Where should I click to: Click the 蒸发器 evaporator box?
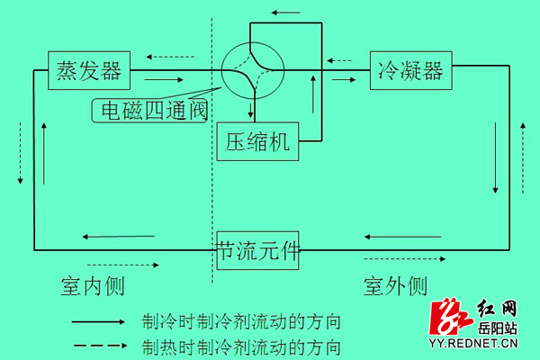click(89, 70)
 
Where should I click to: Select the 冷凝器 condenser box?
click(411, 70)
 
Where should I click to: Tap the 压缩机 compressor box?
click(257, 141)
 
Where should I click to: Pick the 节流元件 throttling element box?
click(257, 250)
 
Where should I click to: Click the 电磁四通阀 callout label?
click(149, 111)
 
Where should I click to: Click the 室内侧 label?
click(93, 286)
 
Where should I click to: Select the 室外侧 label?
click(395, 286)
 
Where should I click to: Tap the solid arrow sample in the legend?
click(98, 322)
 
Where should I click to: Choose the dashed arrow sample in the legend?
click(100, 346)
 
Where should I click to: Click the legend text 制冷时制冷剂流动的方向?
click(241, 322)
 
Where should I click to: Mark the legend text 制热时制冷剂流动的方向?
click(241, 347)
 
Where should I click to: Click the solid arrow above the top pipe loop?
click(285, 13)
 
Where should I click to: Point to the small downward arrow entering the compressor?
click(251, 108)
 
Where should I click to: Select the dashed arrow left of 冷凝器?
click(339, 61)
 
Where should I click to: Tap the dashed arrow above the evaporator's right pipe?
click(170, 57)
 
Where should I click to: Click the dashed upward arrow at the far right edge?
click(523, 158)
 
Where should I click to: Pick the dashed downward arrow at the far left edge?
click(21, 153)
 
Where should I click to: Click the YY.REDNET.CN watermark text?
click(473, 343)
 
